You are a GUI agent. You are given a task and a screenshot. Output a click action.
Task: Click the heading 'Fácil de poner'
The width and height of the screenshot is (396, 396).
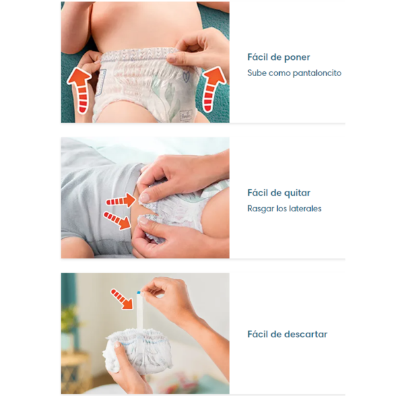(279, 57)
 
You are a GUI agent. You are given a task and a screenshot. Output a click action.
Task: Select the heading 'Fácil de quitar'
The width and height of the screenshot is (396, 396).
(279, 193)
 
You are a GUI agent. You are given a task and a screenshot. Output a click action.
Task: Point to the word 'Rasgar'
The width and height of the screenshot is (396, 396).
(261, 209)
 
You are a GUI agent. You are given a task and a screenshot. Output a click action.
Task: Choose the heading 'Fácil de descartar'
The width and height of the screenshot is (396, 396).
(287, 335)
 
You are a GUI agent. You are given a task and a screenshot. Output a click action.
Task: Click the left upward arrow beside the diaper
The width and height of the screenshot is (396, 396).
(80, 90)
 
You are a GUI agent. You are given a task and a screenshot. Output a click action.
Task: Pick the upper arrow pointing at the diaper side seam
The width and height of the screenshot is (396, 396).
(121, 200)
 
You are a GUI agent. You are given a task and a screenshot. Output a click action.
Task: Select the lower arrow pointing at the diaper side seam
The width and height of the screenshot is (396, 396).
(117, 220)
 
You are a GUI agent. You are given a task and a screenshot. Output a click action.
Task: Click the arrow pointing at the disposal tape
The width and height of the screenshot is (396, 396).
(121, 299)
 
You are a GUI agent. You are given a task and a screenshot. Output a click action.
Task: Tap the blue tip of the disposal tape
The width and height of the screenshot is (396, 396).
(139, 292)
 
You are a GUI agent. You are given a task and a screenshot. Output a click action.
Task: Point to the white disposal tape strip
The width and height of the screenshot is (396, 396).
(140, 311)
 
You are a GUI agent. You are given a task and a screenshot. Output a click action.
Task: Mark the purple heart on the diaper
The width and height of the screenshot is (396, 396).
(186, 77)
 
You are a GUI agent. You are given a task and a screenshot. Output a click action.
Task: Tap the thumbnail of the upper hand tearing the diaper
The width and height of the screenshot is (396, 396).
(145, 197)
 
